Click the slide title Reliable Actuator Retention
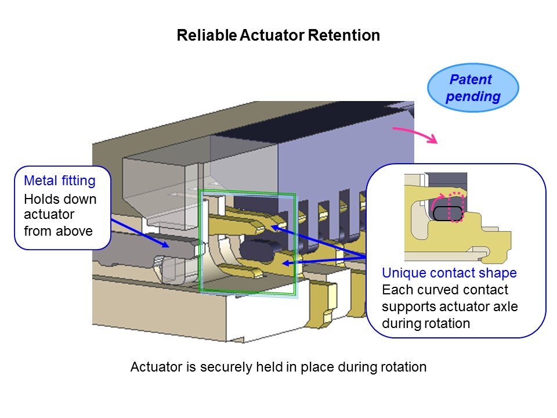coord(278,35)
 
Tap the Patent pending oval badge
coord(472,88)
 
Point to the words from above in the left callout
coord(58,230)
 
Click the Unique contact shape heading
coord(449,273)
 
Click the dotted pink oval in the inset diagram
coord(457,207)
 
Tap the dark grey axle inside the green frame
coord(256,250)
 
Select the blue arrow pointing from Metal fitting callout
coord(139,232)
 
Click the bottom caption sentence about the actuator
coord(278,367)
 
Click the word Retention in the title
coord(343,35)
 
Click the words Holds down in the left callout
coord(60,199)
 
